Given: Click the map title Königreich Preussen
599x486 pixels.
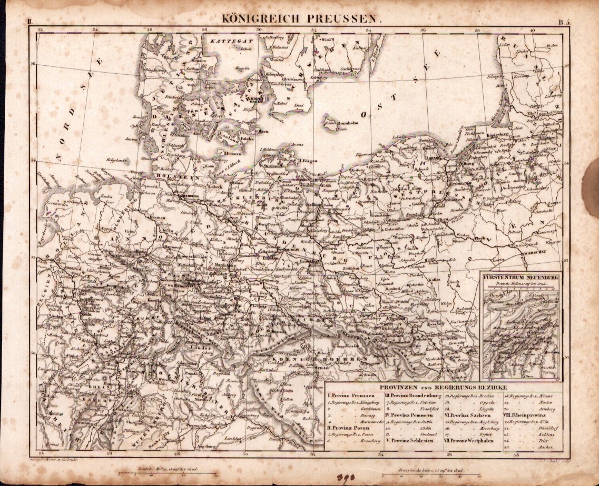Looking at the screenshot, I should [x=301, y=17].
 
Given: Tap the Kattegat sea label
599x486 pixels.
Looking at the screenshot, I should [x=225, y=41].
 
